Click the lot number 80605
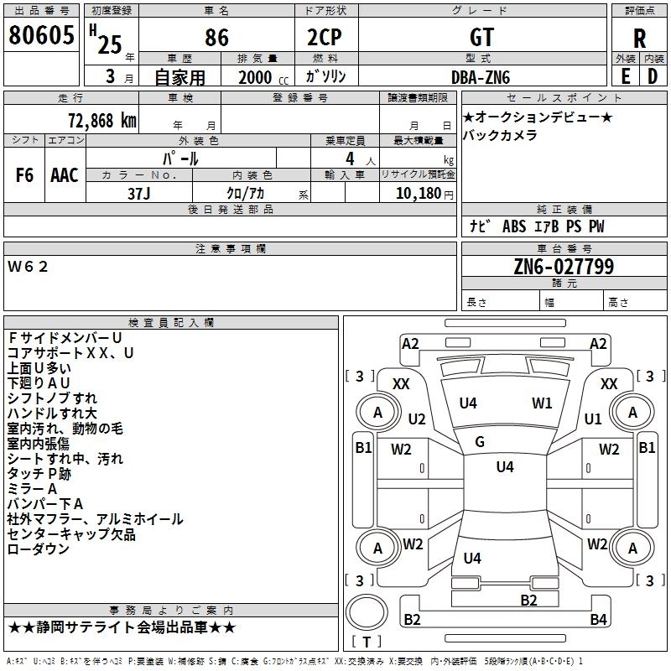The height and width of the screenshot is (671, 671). (41, 35)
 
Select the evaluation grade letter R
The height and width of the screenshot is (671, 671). (639, 38)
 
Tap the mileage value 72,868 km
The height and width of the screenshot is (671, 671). (102, 121)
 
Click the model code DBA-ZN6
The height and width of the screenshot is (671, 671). (481, 77)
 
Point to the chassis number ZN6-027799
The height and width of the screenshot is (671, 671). (564, 267)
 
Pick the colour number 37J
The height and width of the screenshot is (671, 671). (139, 194)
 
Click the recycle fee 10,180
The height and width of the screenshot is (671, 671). (419, 193)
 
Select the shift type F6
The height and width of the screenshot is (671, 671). (24, 174)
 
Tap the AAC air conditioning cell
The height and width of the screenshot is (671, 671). (65, 174)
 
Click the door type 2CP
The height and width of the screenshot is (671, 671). (325, 37)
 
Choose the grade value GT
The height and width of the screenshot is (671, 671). (481, 37)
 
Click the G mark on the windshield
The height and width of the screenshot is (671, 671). (480, 442)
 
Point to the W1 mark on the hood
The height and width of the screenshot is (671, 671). (542, 403)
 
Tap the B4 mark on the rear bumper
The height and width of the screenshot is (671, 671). (598, 619)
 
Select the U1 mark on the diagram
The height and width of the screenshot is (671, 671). (593, 419)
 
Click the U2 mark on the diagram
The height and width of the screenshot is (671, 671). (416, 419)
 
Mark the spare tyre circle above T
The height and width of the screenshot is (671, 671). (367, 612)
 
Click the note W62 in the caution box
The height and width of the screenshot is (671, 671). (28, 267)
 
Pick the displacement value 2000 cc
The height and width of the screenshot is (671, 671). (263, 77)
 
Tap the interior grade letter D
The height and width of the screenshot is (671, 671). (653, 76)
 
